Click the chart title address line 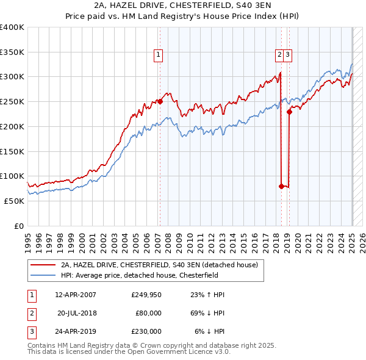(183, 5)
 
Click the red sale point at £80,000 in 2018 (281, 186)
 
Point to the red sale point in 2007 (160, 102)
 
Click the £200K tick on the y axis (12, 126)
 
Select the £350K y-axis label (12, 52)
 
